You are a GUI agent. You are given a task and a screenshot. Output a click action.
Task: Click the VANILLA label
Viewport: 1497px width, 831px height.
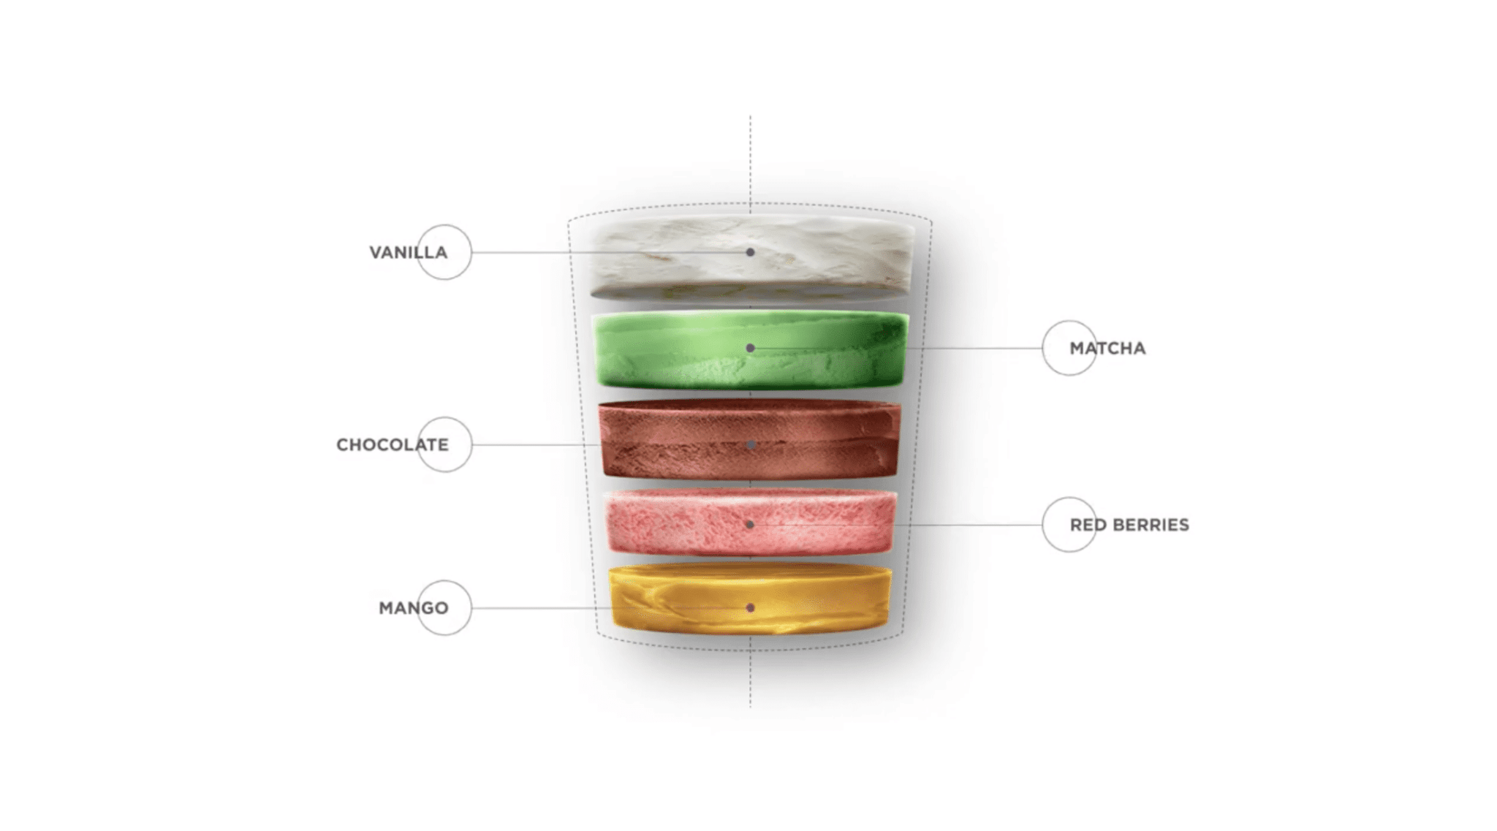click(x=408, y=252)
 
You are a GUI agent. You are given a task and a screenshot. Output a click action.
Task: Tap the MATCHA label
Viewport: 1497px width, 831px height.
click(x=1107, y=348)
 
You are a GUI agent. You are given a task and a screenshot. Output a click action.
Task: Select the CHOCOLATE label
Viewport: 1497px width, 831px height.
click(x=393, y=444)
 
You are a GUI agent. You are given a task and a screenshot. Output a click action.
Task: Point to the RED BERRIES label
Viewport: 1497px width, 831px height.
click(x=1129, y=525)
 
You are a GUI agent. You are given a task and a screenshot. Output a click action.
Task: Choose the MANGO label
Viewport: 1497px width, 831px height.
click(x=414, y=607)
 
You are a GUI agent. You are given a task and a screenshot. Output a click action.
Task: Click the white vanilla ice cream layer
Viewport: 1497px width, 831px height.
click(x=751, y=257)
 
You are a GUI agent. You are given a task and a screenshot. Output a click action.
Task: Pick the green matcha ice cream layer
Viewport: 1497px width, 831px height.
click(x=751, y=349)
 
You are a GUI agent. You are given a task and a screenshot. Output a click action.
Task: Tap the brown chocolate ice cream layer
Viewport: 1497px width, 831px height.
click(x=750, y=439)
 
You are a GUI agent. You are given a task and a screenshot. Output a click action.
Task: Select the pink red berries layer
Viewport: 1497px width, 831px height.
click(x=751, y=522)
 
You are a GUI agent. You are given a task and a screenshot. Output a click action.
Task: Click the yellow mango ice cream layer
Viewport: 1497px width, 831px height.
click(x=751, y=598)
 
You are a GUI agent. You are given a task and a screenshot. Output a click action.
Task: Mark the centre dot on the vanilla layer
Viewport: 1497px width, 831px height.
click(x=750, y=252)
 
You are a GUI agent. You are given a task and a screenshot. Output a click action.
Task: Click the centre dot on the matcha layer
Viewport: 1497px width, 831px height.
click(x=750, y=348)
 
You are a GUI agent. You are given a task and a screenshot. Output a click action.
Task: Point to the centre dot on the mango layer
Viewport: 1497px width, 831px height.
click(x=750, y=607)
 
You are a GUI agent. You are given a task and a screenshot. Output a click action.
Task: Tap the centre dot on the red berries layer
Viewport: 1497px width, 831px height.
click(x=750, y=524)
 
